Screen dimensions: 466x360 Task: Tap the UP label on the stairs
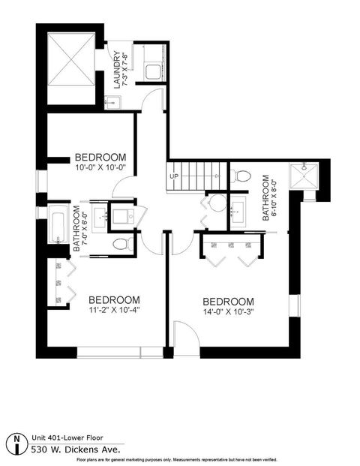pyautogui.click(x=175, y=176)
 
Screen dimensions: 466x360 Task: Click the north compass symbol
pyautogui.click(x=17, y=440)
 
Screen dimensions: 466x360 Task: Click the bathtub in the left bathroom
pyautogui.click(x=58, y=227)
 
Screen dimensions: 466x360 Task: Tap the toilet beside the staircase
pyautogui.click(x=241, y=177)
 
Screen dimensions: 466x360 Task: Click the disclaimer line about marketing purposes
pyautogui.click(x=180, y=460)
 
